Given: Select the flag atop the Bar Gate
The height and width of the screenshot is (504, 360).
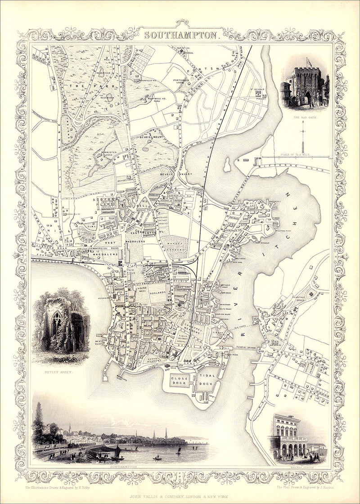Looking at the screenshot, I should pos(308,61).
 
